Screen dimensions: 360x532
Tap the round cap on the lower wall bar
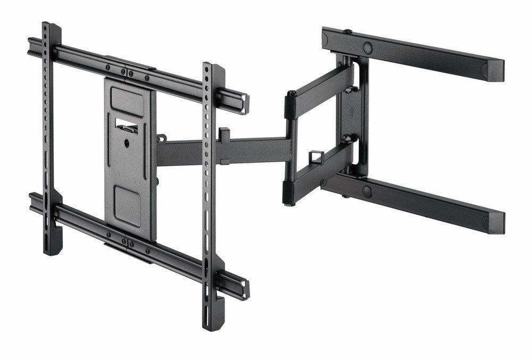click(367, 191)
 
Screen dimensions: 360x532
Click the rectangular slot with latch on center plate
click(127, 125)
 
